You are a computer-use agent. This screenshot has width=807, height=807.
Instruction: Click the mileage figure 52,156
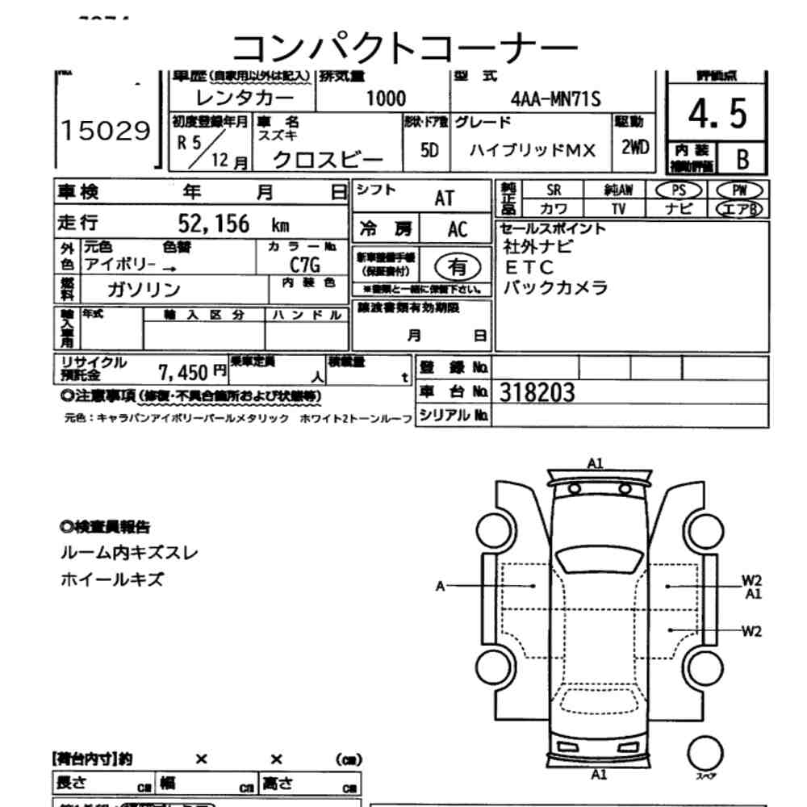click(213, 224)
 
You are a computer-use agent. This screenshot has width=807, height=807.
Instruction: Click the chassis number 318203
click(537, 392)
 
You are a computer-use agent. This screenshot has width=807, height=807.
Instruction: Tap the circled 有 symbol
click(457, 266)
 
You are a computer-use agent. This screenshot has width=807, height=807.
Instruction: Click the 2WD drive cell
click(636, 148)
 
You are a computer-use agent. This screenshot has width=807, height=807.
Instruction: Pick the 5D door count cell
click(429, 151)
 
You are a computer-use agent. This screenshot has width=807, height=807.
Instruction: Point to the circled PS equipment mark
click(678, 190)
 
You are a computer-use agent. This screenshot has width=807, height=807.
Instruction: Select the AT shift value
click(444, 199)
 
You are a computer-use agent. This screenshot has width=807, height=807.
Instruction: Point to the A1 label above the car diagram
click(596, 462)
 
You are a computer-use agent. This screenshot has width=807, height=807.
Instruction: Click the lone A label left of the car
click(441, 586)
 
